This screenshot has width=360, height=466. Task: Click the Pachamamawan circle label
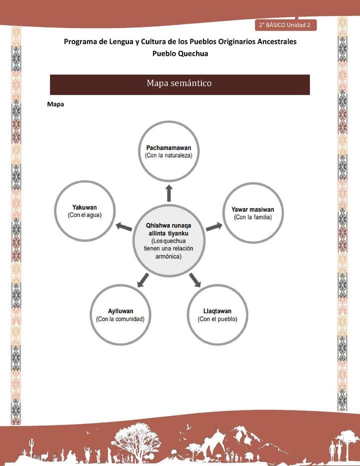point(168,147)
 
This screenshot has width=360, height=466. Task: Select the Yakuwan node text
point(84,207)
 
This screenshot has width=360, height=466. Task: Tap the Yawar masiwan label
point(252,209)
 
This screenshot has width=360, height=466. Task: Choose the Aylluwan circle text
point(120,311)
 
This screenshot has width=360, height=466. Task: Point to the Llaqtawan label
point(217,311)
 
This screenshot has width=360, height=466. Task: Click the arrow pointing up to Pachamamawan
point(169,193)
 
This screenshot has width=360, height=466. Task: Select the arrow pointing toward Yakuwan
point(123,227)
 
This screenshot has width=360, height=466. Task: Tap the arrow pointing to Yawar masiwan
point(214,226)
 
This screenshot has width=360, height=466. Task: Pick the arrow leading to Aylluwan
point(143,280)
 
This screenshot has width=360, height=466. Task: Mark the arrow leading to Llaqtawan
point(195,280)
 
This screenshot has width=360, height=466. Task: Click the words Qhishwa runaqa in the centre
point(168,225)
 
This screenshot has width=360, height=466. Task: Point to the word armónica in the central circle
point(168,256)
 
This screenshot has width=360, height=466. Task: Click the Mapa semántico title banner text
point(179,83)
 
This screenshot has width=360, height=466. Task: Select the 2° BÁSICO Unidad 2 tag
point(285,25)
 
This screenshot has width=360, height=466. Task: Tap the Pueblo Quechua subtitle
point(180,53)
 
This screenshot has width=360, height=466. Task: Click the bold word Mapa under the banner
point(55,104)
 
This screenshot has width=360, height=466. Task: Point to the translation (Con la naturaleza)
point(168,155)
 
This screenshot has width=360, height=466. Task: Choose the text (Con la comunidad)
point(120,319)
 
